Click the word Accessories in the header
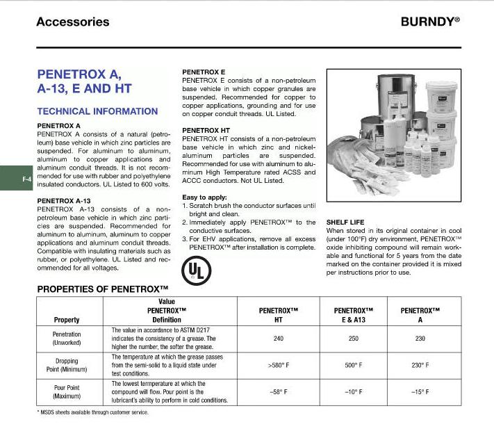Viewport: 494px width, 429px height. [x=72, y=22]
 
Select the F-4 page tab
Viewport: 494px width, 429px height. [x=26, y=180]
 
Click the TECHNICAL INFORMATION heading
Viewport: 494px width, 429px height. [x=97, y=111]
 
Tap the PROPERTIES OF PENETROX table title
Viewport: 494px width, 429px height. [x=103, y=288]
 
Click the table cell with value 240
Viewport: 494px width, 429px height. [x=277, y=339]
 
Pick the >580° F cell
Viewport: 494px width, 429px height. [x=277, y=365]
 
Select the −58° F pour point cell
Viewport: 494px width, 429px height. [x=277, y=391]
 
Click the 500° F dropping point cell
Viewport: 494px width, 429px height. [x=354, y=365]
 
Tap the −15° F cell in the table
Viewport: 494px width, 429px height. [x=419, y=391]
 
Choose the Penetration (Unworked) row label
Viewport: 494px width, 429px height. [x=67, y=339]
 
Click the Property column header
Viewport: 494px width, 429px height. [x=67, y=320]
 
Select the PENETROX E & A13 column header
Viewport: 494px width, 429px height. [x=354, y=315]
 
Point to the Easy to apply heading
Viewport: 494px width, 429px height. [x=204, y=197]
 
